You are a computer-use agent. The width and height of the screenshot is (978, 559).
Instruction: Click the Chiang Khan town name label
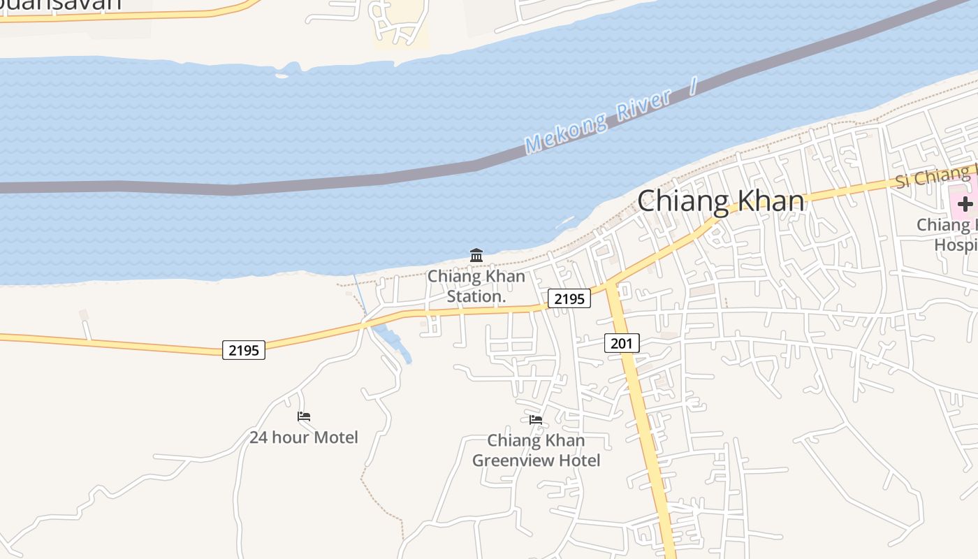[x=720, y=201]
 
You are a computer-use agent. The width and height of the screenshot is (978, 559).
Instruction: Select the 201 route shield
[x=622, y=343]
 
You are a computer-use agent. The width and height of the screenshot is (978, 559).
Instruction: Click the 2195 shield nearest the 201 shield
[x=569, y=298]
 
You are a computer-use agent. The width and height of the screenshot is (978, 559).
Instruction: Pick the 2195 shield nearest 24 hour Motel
[x=244, y=350]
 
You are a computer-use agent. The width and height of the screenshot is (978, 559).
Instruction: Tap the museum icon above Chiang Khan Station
[x=476, y=255]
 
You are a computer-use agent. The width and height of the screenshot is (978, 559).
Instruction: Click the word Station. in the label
[x=476, y=296]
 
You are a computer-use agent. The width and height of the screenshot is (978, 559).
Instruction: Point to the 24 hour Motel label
[x=304, y=437]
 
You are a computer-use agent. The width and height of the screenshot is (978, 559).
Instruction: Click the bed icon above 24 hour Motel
[x=304, y=416]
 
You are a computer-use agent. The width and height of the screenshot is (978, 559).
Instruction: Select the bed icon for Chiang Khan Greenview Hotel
[x=536, y=419]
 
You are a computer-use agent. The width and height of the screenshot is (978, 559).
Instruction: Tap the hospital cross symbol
[x=965, y=204]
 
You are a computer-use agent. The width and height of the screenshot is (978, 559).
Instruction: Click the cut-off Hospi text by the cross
[x=956, y=245]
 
